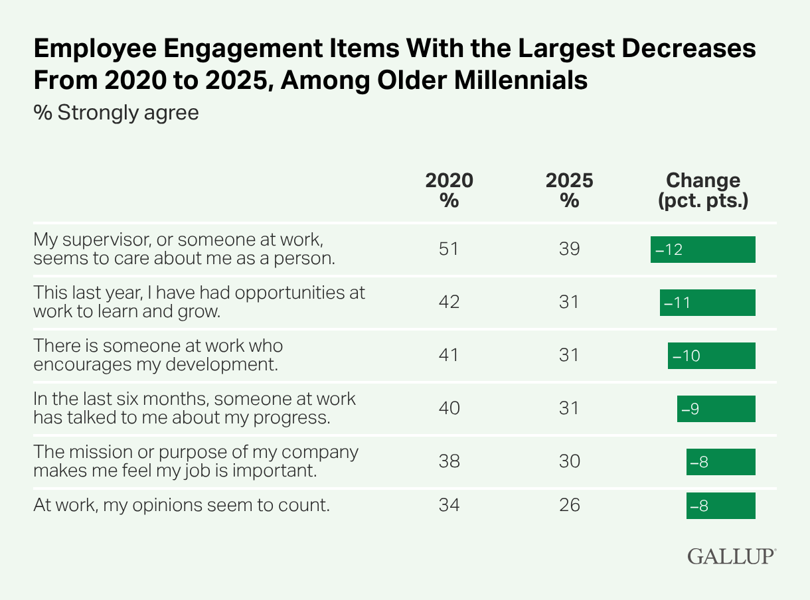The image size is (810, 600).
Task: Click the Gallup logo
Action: [731, 556]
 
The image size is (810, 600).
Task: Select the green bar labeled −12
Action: [702, 250]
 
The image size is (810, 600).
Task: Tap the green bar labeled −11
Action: [707, 303]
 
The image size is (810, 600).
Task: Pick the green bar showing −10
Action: [711, 356]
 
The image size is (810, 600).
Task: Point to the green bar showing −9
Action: [716, 409]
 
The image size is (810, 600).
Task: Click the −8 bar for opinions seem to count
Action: [720, 506]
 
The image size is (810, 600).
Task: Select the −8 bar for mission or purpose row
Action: [720, 462]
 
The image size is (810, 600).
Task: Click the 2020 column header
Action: [449, 190]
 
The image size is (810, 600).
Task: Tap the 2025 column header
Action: [569, 190]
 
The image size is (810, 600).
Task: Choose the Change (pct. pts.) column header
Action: [702, 190]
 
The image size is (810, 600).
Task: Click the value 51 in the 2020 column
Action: [449, 250]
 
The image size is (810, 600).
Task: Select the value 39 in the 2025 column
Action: [569, 250]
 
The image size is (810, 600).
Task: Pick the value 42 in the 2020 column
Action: [449, 303]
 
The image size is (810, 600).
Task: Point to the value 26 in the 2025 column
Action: [569, 506]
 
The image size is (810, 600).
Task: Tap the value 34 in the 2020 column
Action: [449, 506]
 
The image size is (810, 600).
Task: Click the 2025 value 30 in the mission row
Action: [569, 462]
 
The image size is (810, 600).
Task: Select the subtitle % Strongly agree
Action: [116, 112]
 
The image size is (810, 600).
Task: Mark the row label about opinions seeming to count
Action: [181, 506]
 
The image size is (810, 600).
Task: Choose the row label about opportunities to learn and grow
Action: [199, 302]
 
